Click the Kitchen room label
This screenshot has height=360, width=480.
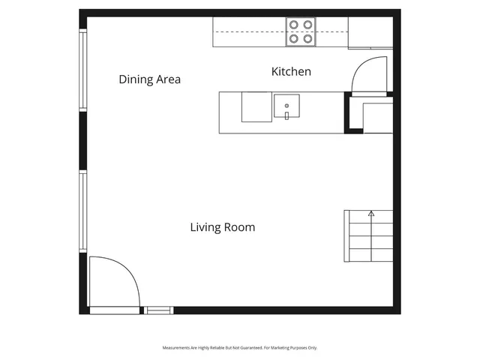click(x=290, y=72)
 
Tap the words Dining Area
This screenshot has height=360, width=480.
click(x=149, y=79)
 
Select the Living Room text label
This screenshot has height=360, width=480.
click(x=222, y=227)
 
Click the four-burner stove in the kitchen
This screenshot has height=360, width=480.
click(x=301, y=31)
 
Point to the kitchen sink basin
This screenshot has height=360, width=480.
click(x=286, y=105)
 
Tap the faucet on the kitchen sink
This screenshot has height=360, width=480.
click(x=286, y=115)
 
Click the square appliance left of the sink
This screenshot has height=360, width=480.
click(x=255, y=106)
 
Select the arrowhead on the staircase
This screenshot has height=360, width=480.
click(x=371, y=214)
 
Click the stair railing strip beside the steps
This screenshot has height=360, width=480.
click(x=346, y=236)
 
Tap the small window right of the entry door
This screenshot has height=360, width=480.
click(x=158, y=310)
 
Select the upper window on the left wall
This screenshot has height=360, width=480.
click(x=83, y=70)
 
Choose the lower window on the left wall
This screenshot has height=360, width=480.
click(x=83, y=211)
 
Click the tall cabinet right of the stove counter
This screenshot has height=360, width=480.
click(x=370, y=32)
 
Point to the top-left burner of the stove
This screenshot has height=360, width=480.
click(x=294, y=24)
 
